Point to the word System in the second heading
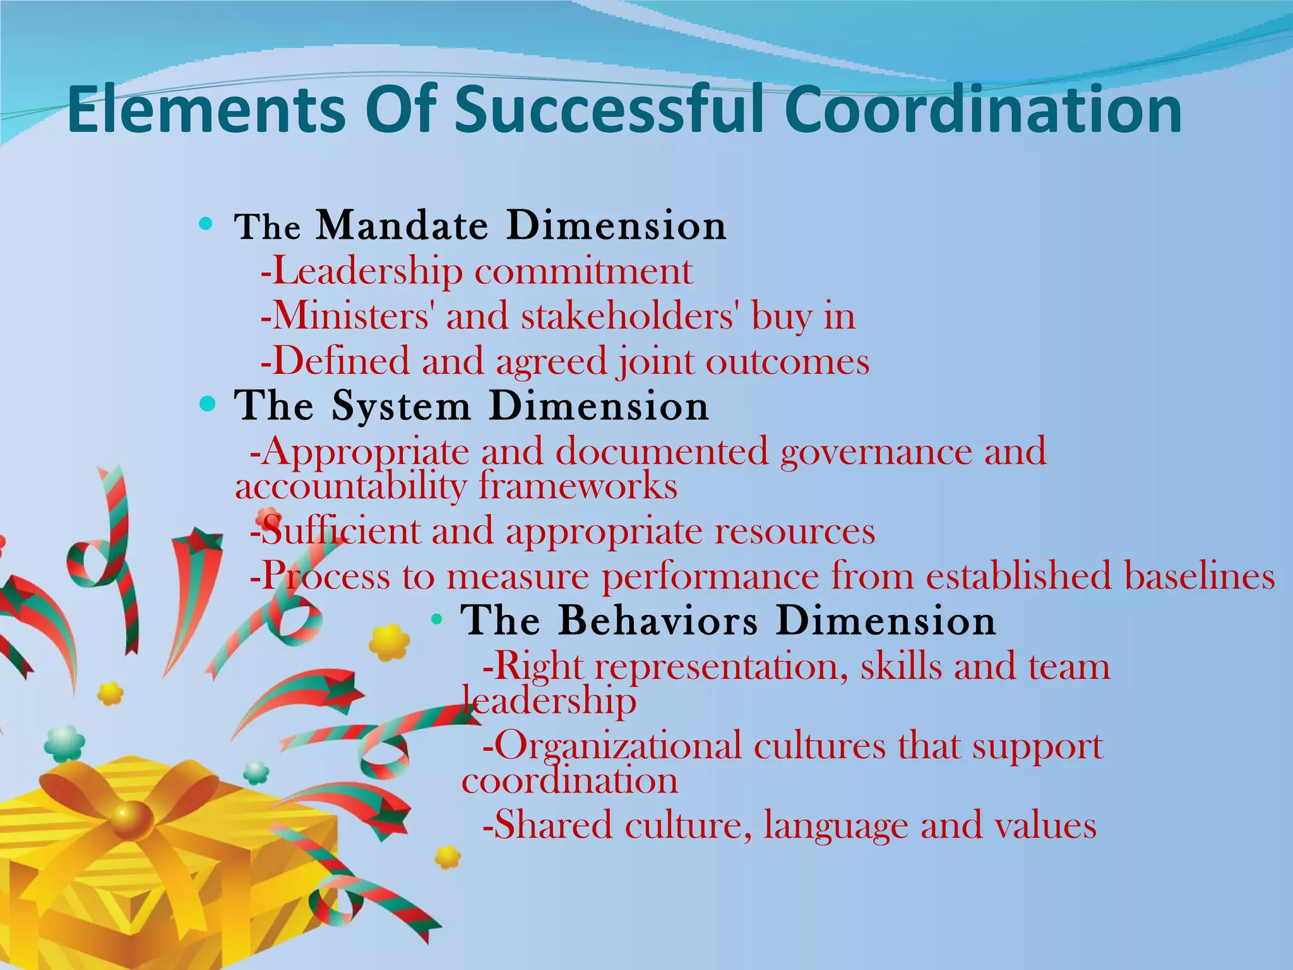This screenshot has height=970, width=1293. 402,405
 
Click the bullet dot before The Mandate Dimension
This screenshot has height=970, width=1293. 205,224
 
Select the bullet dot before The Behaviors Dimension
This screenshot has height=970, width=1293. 436,620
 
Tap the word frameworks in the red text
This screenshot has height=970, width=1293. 578,486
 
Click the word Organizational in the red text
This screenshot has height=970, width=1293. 618,746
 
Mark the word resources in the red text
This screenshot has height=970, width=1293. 795,531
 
